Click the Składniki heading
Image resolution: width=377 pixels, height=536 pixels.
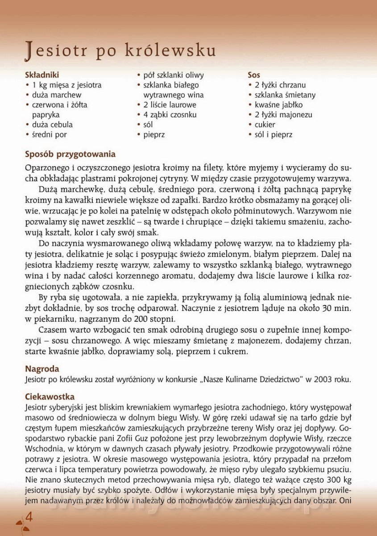coord(42,75)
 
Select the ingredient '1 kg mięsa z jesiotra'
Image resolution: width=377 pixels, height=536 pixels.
coord(66,85)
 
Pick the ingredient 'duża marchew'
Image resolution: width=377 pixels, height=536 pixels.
coord(57,95)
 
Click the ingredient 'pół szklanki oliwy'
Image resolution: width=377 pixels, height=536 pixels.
coord(174,75)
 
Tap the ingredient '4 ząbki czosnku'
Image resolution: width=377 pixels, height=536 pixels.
coord(170,114)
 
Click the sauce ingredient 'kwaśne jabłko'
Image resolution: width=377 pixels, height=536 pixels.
coord(278,105)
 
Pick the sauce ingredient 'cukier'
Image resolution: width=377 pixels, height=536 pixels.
coord(265,124)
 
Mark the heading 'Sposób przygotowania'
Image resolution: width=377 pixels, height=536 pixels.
coord(70,155)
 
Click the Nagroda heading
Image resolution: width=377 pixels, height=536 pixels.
coord(42,369)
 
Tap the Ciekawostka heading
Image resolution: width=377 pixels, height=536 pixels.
coord(50,397)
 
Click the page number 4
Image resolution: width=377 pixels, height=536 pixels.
coord(29,517)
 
